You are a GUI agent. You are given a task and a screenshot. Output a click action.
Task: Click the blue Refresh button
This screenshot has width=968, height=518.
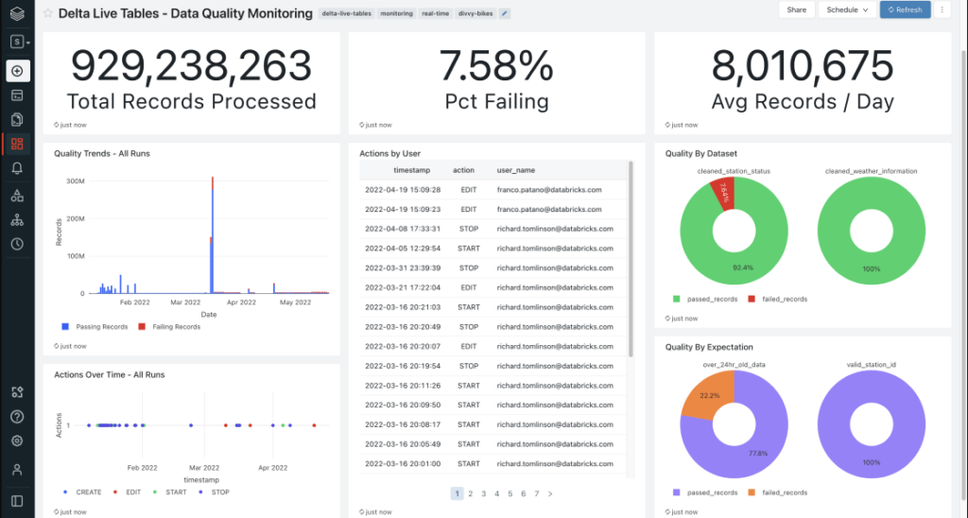point(905,9)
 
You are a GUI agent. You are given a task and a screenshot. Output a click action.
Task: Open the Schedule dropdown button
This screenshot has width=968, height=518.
point(846,9)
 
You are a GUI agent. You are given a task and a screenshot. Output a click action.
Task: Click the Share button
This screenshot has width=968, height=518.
point(797,9)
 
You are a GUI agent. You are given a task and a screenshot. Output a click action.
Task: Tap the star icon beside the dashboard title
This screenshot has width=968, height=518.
point(48,14)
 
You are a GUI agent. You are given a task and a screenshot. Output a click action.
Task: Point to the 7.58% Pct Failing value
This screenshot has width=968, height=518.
point(496,66)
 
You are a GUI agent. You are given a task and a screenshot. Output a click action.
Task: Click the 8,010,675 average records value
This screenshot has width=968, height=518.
point(803,66)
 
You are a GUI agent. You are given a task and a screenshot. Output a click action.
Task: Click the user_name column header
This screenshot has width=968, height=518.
point(516,170)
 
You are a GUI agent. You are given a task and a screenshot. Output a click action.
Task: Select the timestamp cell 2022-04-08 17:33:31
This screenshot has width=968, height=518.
point(403,229)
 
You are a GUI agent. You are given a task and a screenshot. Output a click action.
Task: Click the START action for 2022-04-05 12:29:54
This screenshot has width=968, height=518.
point(468,249)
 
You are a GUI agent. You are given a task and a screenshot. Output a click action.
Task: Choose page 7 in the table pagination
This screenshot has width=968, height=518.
point(536,493)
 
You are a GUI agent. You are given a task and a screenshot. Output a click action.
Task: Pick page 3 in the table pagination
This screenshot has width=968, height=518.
point(483,493)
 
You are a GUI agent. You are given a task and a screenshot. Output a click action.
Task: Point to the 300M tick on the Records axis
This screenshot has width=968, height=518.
point(76,180)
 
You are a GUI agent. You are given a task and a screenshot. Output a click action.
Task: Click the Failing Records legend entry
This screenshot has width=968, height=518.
point(173,327)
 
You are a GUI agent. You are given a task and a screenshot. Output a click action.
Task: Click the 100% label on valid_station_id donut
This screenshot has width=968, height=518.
point(872,462)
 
